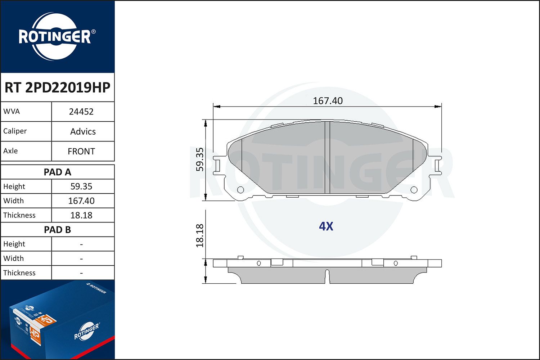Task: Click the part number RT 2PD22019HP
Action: [57, 87]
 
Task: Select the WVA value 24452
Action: [81, 112]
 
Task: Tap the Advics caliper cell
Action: [83, 131]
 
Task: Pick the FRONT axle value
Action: [81, 151]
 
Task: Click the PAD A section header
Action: [57, 172]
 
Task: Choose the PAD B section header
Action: [57, 230]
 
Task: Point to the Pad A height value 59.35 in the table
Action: [81, 186]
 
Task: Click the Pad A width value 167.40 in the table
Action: [81, 201]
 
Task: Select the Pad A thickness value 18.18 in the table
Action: [81, 215]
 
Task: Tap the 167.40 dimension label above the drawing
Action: [328, 101]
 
